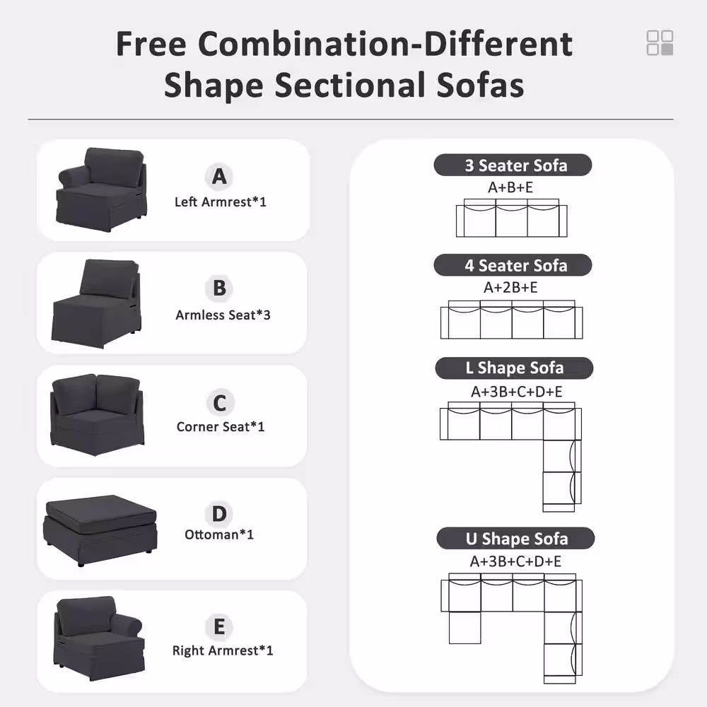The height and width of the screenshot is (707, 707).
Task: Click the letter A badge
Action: (219, 176)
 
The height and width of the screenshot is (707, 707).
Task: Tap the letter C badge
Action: (220, 403)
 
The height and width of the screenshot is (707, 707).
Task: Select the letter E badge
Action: (219, 626)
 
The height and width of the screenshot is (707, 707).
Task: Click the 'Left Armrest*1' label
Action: (221, 202)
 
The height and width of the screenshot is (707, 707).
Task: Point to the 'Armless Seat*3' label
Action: (223, 315)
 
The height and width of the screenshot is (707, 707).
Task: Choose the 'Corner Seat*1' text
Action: (221, 426)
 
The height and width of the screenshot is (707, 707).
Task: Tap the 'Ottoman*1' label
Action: (219, 534)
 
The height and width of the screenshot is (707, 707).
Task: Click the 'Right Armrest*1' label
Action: (223, 650)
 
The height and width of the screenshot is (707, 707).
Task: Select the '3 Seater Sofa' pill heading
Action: (513, 165)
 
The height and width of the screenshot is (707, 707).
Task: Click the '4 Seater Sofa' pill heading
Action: (513, 265)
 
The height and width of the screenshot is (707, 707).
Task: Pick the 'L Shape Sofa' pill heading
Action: (514, 368)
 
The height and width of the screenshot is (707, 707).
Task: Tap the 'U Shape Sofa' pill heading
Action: (515, 538)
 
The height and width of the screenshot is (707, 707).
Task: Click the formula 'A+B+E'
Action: (510, 187)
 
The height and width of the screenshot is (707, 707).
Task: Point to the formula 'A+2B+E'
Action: (510, 287)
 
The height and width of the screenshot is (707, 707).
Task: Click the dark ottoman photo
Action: (100, 530)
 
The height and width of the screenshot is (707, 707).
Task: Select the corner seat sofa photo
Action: (98, 414)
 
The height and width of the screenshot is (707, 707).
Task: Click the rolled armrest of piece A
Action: (71, 176)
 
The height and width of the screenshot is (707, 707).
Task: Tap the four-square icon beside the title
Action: (660, 43)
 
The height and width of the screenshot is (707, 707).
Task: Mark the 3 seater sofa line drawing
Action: (511, 218)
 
